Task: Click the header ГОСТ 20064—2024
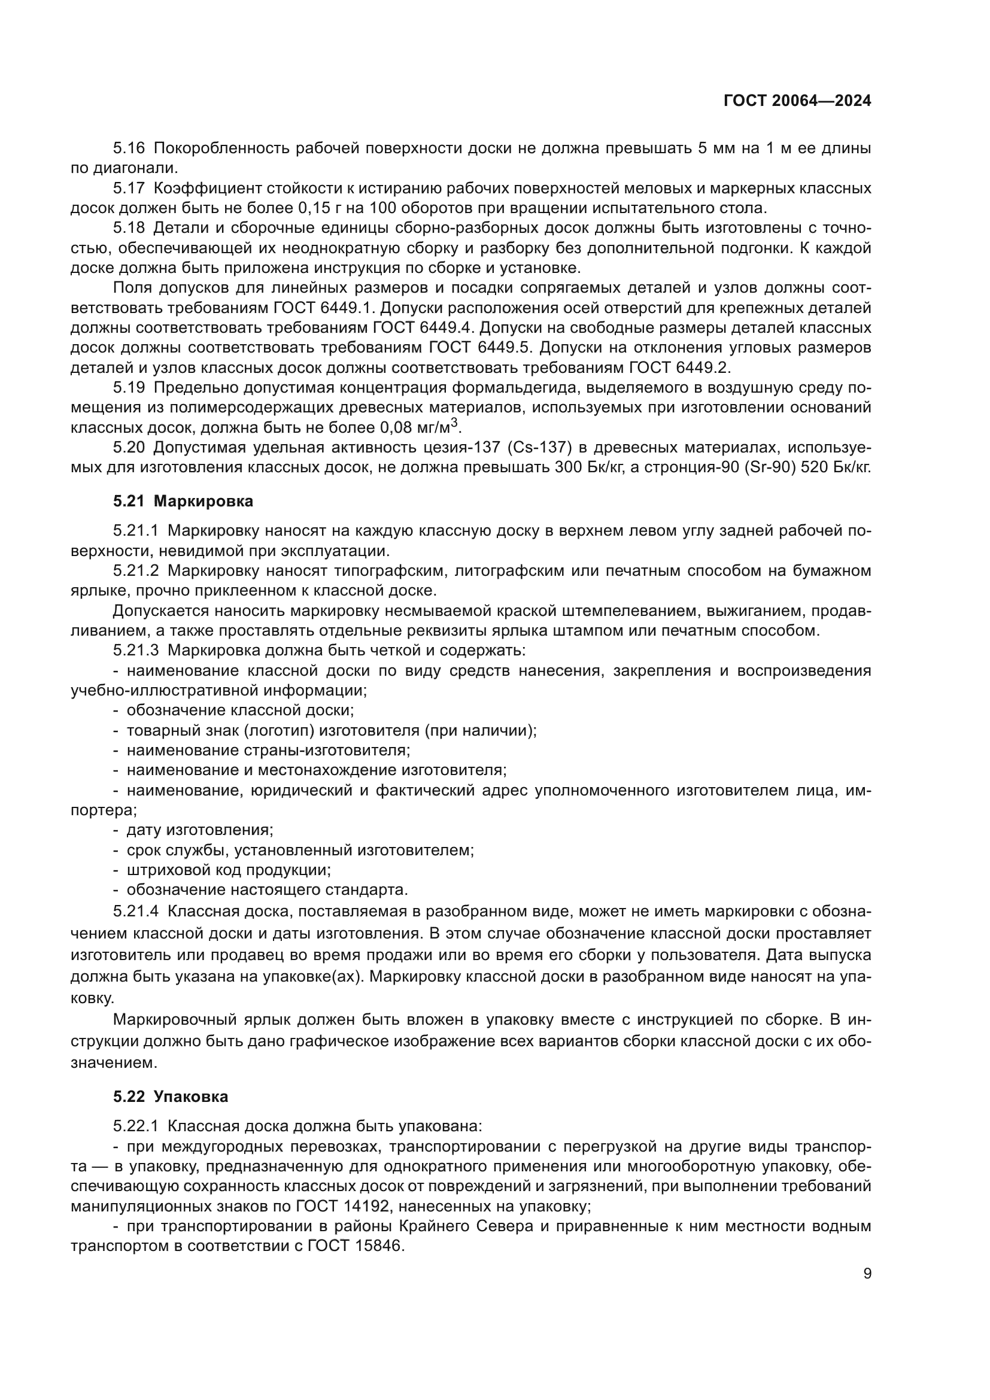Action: tap(797, 101)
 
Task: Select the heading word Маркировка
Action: tap(203, 501)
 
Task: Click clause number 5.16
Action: tap(129, 148)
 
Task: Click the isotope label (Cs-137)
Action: tap(539, 448)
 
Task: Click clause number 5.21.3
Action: tap(136, 651)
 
